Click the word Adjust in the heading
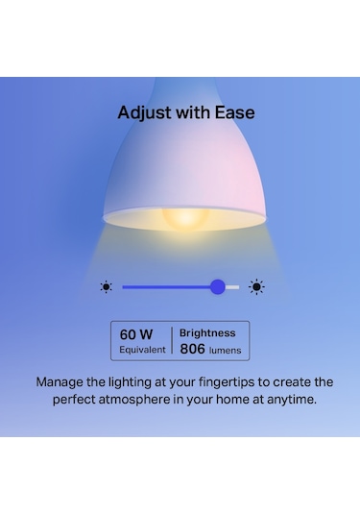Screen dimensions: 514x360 pos(139,112)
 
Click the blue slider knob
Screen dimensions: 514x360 pos(218,286)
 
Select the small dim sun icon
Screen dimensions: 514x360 pos(106,286)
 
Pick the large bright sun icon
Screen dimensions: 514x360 pos(256,286)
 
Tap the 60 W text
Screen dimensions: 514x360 pos(136,334)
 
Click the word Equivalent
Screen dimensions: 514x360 pos(142,350)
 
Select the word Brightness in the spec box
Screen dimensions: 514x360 pos(207,333)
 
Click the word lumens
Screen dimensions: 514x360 pos(227,351)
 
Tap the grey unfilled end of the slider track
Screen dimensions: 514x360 pos(233,286)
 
